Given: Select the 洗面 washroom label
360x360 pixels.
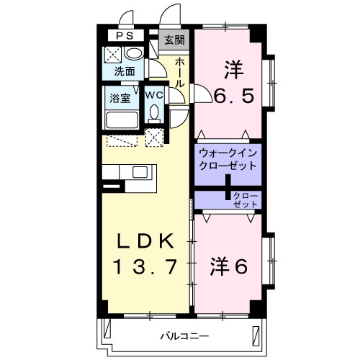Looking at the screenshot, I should click(x=125, y=71).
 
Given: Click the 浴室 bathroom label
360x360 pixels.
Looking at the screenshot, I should click(x=120, y=96).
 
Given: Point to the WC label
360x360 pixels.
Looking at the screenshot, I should click(x=154, y=94).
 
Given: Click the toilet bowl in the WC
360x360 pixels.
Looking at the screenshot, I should click(x=154, y=112).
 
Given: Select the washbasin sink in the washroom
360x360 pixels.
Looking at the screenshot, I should click(x=133, y=55).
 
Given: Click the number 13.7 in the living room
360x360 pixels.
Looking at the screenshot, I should click(x=144, y=268).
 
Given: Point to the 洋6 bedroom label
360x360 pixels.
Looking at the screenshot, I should click(x=229, y=266).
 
